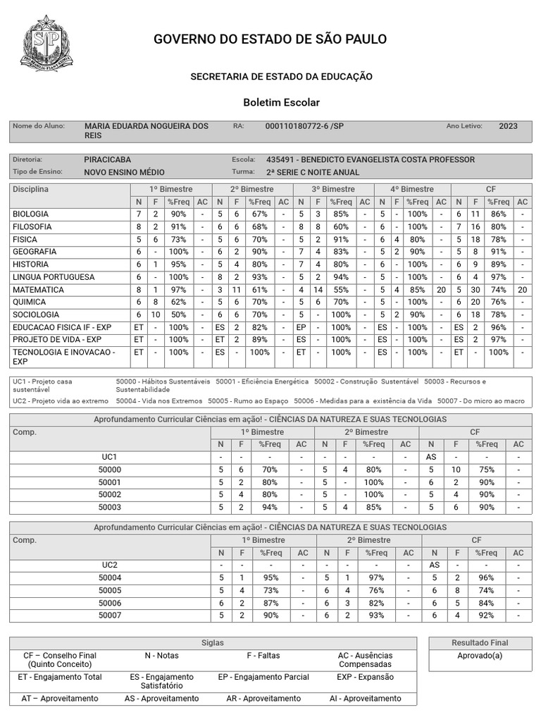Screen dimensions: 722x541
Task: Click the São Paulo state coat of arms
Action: (x=48, y=44)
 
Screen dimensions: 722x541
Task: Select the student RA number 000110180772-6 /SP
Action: (x=304, y=126)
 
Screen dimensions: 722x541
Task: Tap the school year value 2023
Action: (x=508, y=126)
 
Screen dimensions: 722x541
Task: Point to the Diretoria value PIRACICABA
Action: (x=107, y=160)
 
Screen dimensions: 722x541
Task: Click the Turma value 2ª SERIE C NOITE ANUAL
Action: (x=313, y=172)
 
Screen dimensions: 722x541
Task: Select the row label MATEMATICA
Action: (x=38, y=290)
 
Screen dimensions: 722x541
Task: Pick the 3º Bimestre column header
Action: (x=333, y=190)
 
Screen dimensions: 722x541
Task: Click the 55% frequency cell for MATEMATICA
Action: (x=341, y=290)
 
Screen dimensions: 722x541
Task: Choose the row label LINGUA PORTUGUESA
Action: (x=54, y=277)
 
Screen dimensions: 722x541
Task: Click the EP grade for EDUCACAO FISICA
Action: (x=301, y=328)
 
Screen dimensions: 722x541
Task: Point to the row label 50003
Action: (x=110, y=507)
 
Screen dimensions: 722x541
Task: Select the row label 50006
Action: (x=110, y=603)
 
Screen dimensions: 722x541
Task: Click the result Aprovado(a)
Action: (x=480, y=656)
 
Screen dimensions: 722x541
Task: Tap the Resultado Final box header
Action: (x=480, y=643)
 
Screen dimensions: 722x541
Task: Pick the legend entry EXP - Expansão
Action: (x=370, y=678)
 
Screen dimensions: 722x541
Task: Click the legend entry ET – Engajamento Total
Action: (x=60, y=678)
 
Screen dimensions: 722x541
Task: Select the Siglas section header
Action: (x=212, y=643)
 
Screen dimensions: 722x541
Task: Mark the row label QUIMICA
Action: (x=30, y=302)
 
